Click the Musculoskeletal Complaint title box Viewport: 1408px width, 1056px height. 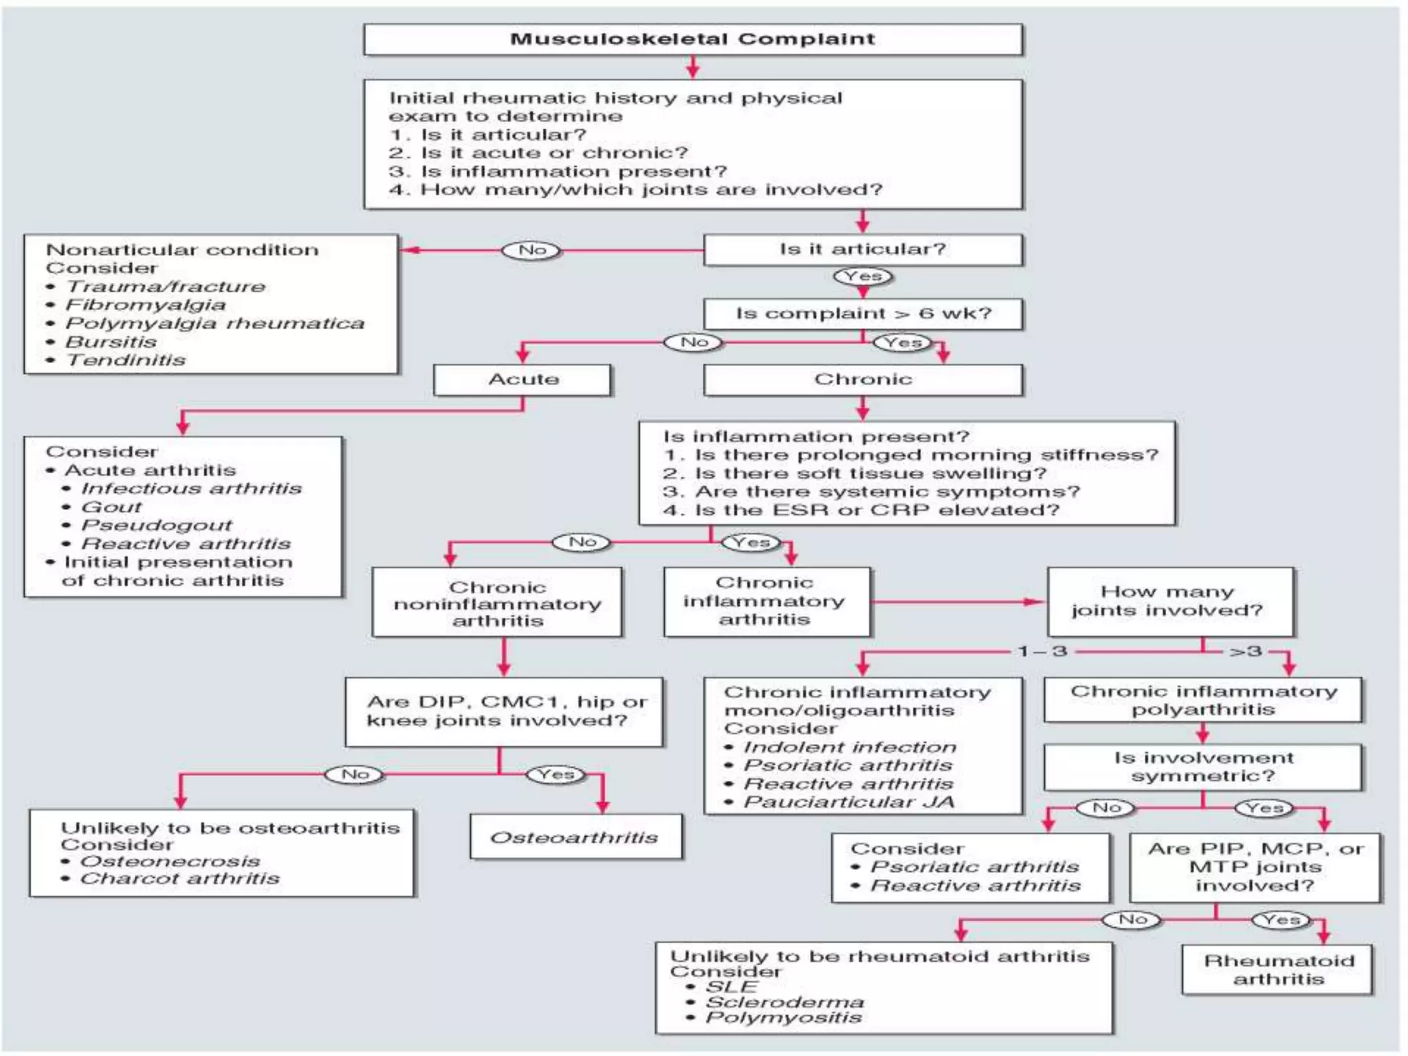click(x=693, y=39)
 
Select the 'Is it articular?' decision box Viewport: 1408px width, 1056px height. click(x=863, y=250)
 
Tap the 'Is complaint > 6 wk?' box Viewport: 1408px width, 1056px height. click(x=863, y=313)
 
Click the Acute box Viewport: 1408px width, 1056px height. click(x=522, y=379)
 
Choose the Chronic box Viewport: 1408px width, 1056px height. click(x=863, y=379)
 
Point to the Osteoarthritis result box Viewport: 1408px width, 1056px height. click(x=576, y=837)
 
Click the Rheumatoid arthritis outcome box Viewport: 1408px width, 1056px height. click(x=1278, y=969)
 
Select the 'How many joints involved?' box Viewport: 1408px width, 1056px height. click(x=1171, y=602)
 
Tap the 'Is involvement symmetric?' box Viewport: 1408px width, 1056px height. click(x=1203, y=767)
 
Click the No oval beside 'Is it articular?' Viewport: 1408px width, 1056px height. click(x=531, y=250)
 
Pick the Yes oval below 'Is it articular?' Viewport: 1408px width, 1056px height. click(x=863, y=276)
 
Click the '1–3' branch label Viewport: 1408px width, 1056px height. click(x=1042, y=650)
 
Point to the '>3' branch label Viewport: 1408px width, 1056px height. click(x=1246, y=650)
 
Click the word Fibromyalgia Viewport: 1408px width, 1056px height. click(x=146, y=305)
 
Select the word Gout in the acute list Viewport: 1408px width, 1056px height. click(x=111, y=507)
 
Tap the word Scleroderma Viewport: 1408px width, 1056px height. click(x=785, y=1002)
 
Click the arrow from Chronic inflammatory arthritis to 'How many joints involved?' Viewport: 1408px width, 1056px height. click(x=958, y=602)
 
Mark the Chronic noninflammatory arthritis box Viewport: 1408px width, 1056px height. click(x=497, y=602)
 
